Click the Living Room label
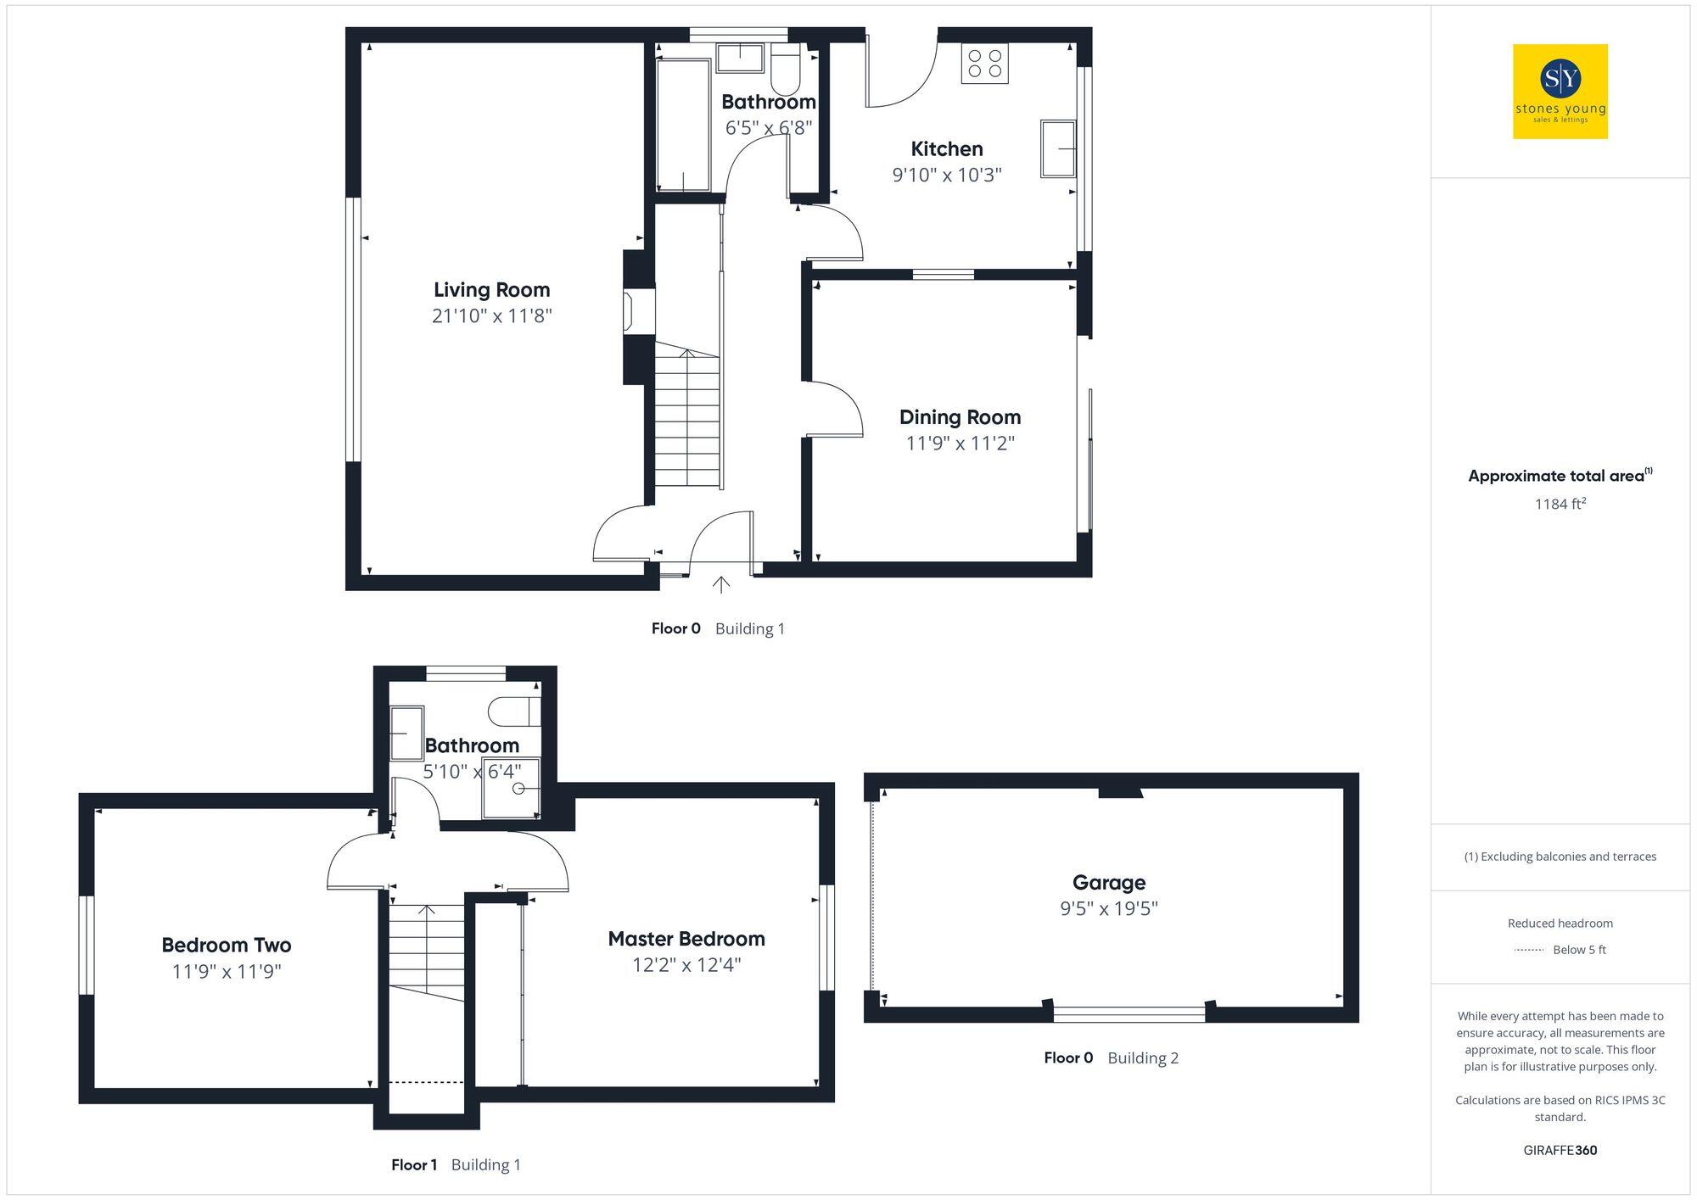point(491,290)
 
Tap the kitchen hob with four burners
point(984,64)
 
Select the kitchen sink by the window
point(1057,148)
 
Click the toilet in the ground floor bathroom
point(785,71)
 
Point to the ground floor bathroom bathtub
point(684,125)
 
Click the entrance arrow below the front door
point(721,584)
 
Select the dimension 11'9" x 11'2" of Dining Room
point(960,444)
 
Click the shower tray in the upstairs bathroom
point(511,788)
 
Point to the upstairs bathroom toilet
point(515,712)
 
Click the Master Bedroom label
point(686,939)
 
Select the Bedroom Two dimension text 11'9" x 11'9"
point(227,971)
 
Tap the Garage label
point(1108,883)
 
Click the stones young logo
point(1560,92)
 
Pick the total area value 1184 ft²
point(1560,504)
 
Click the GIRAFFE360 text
point(1560,1151)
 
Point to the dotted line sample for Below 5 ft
point(1529,950)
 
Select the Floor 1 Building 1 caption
point(456,1165)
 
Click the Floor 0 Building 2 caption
point(1111,1058)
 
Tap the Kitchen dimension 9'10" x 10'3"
point(947,176)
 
